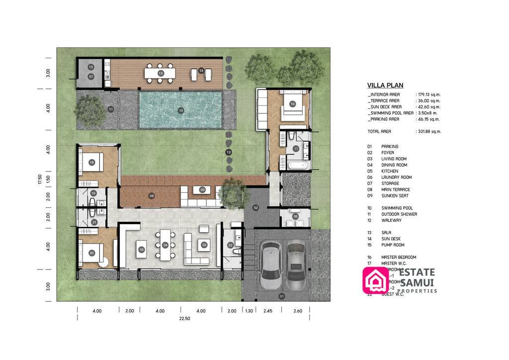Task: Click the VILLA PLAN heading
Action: [x=385, y=85]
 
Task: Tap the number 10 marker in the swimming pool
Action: [x=181, y=110]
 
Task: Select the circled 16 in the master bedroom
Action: [x=292, y=104]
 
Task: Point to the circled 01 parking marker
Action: [x=282, y=297]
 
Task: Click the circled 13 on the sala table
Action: [x=161, y=73]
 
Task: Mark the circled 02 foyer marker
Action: [x=255, y=207]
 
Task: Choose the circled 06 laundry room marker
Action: [x=295, y=216]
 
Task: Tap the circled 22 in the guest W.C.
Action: [x=230, y=245]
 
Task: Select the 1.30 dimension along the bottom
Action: [x=249, y=311]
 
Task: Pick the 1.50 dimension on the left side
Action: [x=48, y=178]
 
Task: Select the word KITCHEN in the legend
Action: [x=390, y=171]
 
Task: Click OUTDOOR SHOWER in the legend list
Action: [x=399, y=214]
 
